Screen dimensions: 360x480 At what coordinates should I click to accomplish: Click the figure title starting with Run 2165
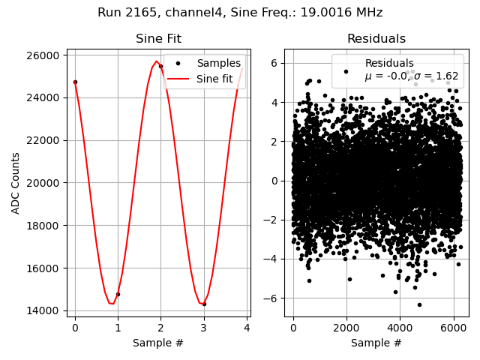[240, 13]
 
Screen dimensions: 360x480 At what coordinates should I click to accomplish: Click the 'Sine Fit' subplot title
[158, 39]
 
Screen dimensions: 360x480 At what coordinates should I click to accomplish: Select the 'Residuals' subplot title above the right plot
[376, 39]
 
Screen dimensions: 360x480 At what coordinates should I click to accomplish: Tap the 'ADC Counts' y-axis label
[16, 183]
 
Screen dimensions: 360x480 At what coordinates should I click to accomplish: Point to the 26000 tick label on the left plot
[43, 55]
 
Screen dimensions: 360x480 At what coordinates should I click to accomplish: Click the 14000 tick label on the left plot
[43, 310]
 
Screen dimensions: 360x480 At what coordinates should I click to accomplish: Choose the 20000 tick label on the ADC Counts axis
[43, 183]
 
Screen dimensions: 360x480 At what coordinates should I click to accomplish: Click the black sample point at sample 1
[118, 294]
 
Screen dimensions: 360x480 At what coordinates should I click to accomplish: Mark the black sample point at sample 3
[204, 304]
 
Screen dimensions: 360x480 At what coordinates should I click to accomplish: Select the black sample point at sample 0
[75, 82]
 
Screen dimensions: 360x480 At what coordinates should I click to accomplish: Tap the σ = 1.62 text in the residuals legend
[435, 76]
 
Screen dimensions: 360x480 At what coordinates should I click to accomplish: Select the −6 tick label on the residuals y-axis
[273, 298]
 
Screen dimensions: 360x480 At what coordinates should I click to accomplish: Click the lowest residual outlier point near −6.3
[419, 304]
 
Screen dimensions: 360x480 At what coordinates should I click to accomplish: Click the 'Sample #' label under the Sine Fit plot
[158, 343]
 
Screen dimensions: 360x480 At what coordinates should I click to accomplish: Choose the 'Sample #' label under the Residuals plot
[376, 343]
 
